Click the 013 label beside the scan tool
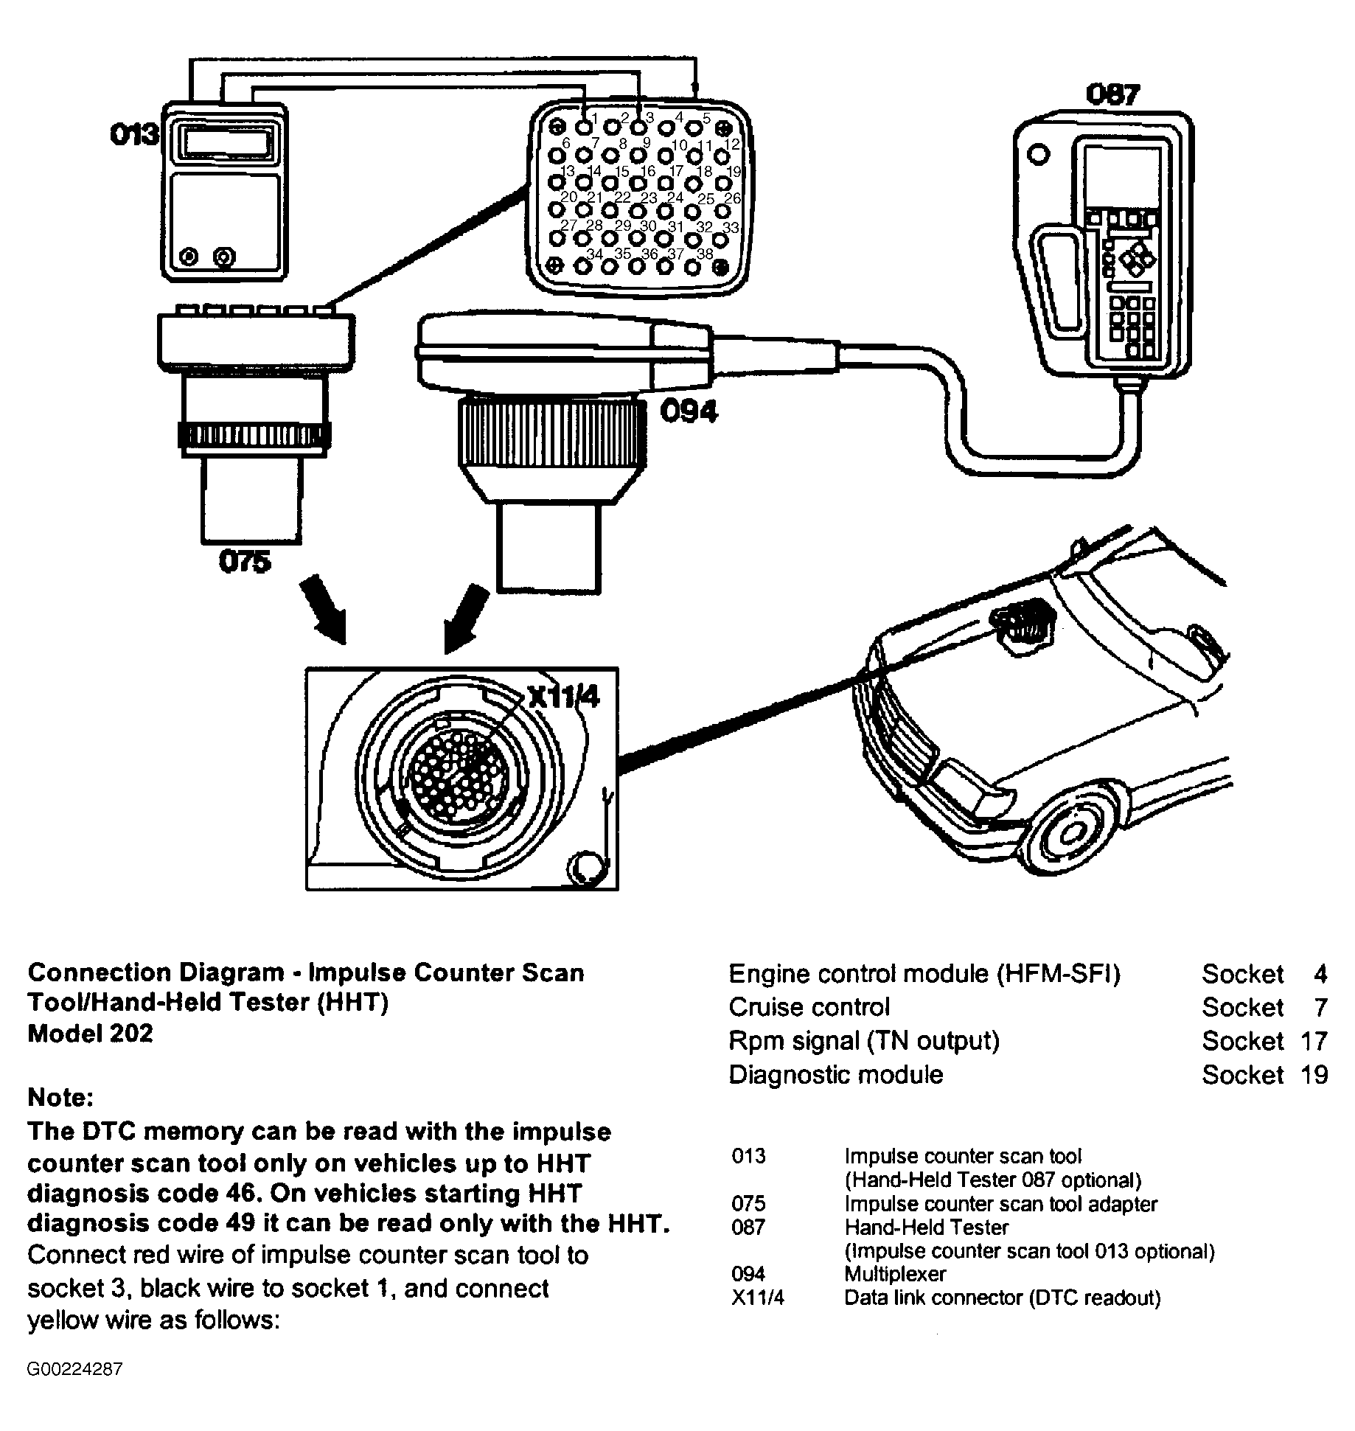pyautogui.click(x=134, y=134)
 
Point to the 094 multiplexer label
pyautogui.click(x=688, y=411)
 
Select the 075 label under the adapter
pyautogui.click(x=245, y=562)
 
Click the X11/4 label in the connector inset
pyautogui.click(x=563, y=697)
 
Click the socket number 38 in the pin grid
pyautogui.click(x=705, y=254)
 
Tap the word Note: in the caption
pyautogui.click(x=60, y=1098)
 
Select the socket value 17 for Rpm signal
pyautogui.click(x=1313, y=1041)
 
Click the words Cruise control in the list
pyautogui.click(x=809, y=1007)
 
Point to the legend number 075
pyautogui.click(x=748, y=1204)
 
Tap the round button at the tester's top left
pyautogui.click(x=1038, y=156)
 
